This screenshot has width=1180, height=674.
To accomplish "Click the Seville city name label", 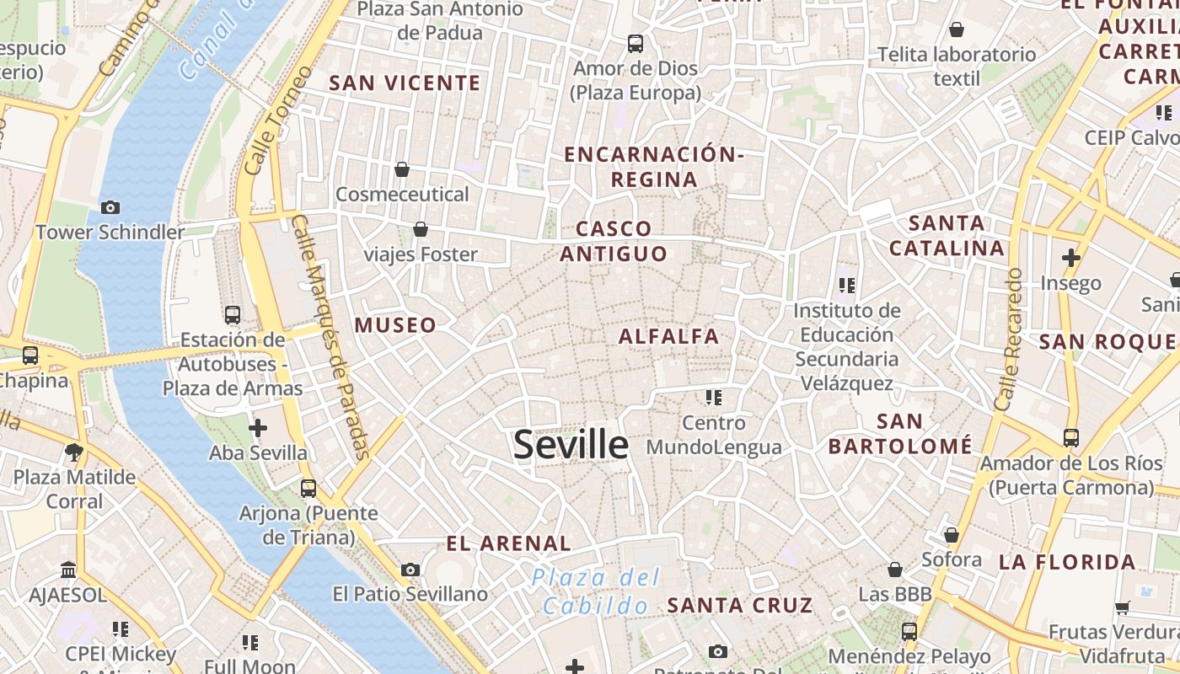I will tap(571, 445).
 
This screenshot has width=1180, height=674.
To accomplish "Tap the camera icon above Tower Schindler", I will tap(110, 207).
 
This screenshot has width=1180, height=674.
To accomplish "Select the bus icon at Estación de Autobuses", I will tap(233, 315).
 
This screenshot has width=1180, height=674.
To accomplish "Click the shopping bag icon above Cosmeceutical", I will tap(402, 169).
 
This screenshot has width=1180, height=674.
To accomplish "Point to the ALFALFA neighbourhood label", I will tap(669, 337).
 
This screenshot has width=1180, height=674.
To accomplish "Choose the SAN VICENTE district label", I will tap(405, 83).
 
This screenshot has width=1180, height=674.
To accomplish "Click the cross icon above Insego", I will tap(1070, 257).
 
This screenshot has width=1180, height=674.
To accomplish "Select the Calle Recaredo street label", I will tap(1008, 340).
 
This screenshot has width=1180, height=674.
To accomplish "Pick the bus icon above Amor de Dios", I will tap(635, 43).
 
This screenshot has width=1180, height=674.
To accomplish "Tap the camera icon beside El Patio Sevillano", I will tap(410, 570).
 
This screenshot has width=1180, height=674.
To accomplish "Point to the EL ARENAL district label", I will tap(508, 544).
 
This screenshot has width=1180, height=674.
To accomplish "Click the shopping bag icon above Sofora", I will tap(951, 535).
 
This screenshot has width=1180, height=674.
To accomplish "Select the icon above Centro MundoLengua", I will tap(714, 397).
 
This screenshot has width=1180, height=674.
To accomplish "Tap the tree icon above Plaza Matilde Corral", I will tap(74, 452).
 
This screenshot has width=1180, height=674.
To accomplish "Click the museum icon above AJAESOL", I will tap(68, 570).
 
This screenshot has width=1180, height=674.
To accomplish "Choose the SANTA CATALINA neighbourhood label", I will tap(947, 236).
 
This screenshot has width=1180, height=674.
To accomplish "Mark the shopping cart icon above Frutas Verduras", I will tap(1122, 607).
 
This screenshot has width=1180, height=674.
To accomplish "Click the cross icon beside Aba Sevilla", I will tap(258, 428).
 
